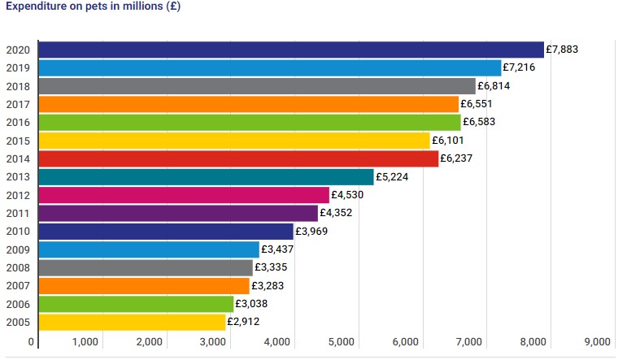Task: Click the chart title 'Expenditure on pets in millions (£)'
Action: click(x=94, y=7)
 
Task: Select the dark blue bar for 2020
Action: click(x=291, y=50)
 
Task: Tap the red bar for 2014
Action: click(x=238, y=158)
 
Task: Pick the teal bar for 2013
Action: click(x=206, y=177)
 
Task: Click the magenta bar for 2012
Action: click(x=184, y=195)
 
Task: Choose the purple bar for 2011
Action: click(x=178, y=213)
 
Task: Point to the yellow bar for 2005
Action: click(x=132, y=323)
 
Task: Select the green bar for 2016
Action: click(x=250, y=122)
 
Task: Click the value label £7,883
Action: click(x=562, y=50)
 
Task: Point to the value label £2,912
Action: click(x=244, y=323)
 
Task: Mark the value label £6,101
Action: click(x=448, y=141)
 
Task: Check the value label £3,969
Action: click(x=311, y=232)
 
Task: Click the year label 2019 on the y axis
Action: click(x=18, y=67)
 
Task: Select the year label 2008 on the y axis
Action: click(x=18, y=268)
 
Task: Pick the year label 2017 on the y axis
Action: click(x=18, y=104)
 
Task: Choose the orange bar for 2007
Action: click(x=144, y=286)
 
